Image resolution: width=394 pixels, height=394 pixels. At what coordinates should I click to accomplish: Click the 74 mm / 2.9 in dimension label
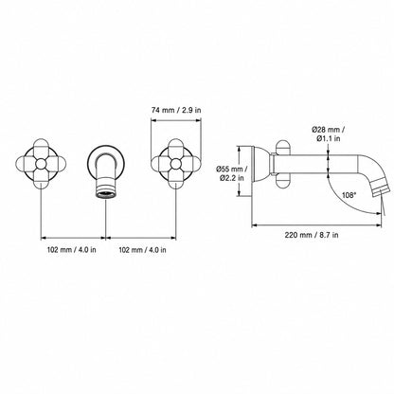tap(176, 110)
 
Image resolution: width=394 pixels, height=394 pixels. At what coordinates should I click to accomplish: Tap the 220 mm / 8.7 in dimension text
tap(312, 235)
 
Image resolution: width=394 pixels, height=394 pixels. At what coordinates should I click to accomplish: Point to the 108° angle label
tap(349, 195)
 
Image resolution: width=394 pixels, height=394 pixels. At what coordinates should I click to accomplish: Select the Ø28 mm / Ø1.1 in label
tap(328, 134)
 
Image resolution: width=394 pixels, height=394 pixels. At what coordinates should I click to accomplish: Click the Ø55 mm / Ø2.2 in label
tap(230, 173)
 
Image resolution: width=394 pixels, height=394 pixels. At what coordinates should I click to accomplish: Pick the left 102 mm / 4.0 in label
tap(72, 250)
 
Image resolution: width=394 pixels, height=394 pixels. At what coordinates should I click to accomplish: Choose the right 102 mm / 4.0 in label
tap(142, 250)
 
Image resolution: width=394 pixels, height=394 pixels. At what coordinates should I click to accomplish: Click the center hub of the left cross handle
tap(41, 164)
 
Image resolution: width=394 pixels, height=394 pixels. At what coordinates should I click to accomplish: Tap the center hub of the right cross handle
tap(175, 164)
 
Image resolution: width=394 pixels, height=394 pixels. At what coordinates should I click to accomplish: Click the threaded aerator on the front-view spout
tap(106, 189)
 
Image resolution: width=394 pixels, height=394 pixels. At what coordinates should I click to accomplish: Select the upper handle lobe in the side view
tap(283, 148)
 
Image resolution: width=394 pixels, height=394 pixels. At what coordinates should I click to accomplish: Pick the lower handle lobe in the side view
tap(283, 181)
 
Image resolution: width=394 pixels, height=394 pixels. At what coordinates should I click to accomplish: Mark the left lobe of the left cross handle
tap(25, 164)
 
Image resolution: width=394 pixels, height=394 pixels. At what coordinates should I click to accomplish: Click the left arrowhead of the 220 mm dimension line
tap(254, 225)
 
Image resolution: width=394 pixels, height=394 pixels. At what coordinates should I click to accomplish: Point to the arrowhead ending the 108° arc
tap(380, 214)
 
